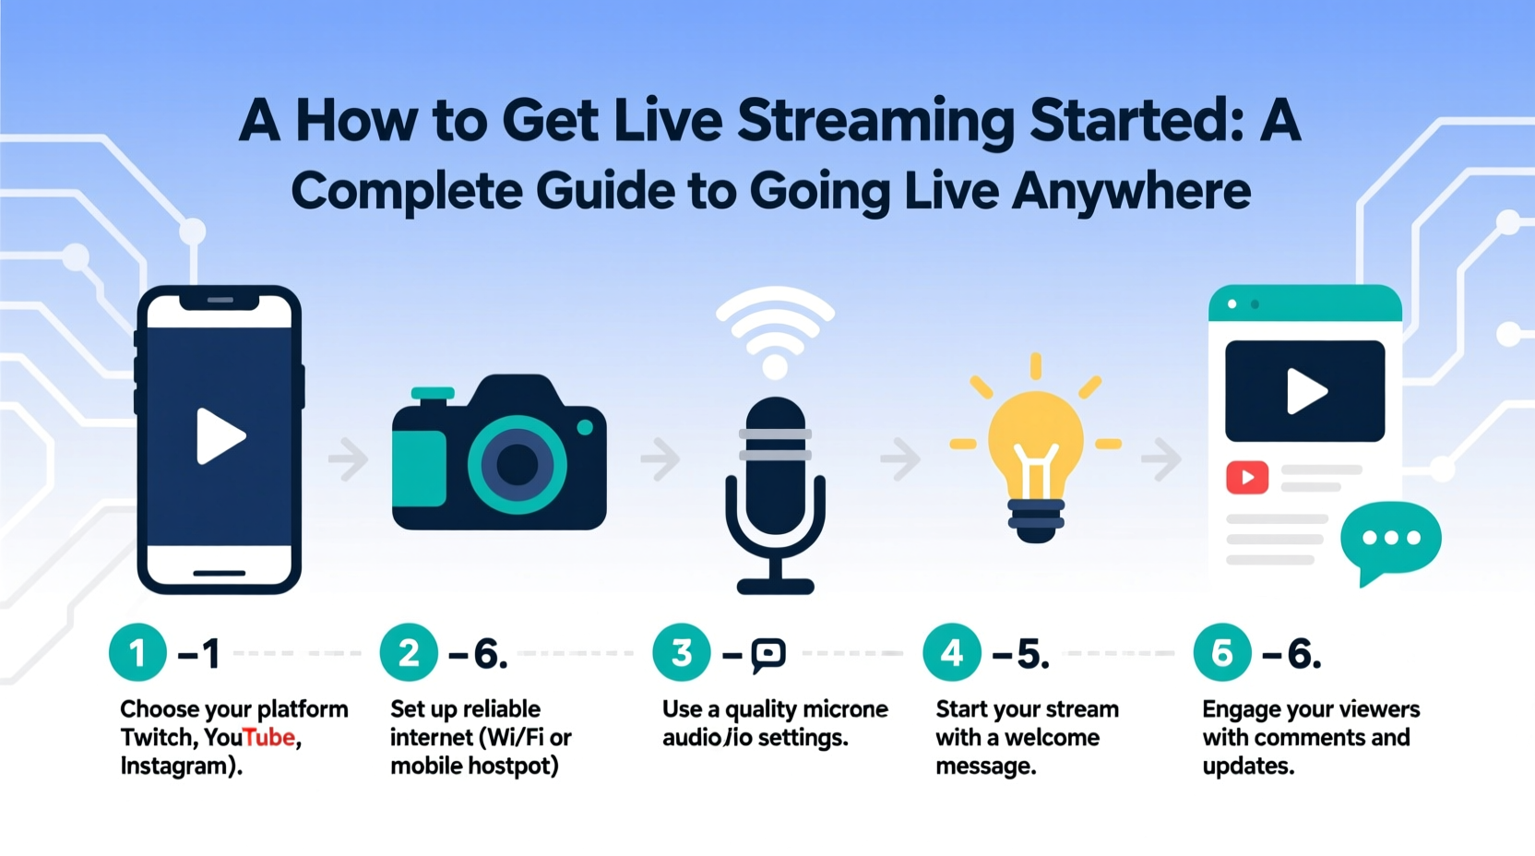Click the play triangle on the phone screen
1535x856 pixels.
(220, 435)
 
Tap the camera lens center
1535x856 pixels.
(517, 464)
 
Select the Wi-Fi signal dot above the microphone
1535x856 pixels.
(775, 367)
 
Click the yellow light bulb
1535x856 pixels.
(1035, 443)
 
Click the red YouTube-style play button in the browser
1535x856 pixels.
(1247, 477)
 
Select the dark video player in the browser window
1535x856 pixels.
(1304, 391)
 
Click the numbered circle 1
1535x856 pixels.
(137, 653)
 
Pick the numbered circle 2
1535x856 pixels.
(409, 653)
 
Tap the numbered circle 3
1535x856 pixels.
(681, 653)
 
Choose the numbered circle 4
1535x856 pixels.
(951, 653)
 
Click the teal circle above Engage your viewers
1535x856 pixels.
(1221, 653)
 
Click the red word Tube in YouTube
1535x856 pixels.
(269, 737)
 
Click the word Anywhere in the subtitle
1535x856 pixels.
(1131, 191)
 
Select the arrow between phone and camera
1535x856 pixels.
(349, 458)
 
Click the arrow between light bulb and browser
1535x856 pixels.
(1161, 458)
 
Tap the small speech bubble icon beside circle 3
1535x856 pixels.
(767, 654)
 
